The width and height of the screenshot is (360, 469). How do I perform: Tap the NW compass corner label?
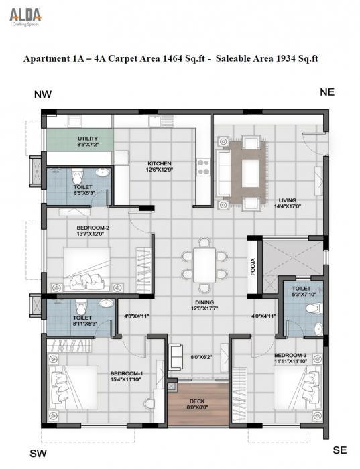coord(43,96)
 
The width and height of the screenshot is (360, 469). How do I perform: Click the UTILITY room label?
coord(78,139)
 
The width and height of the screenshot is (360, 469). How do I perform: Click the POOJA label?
coord(253,266)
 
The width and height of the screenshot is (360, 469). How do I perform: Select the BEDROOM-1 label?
coord(125,373)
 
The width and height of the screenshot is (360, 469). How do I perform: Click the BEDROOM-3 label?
coord(290,354)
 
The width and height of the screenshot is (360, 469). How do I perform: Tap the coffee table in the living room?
coord(251,172)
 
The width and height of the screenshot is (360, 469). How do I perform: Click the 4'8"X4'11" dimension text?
coord(136,316)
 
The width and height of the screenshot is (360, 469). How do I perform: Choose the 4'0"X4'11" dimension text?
coord(263,316)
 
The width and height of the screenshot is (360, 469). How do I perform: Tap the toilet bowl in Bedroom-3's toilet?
coord(311,310)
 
